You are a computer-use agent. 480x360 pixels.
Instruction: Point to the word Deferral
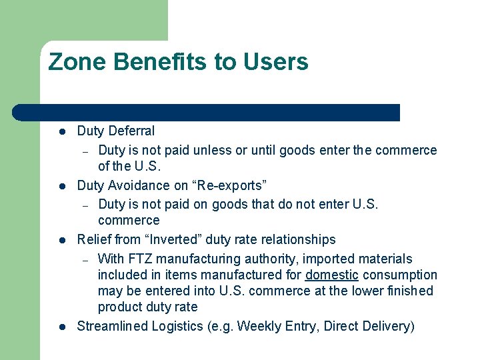(131, 131)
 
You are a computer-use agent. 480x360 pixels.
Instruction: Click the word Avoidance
(138, 185)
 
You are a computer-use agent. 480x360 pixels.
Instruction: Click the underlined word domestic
(332, 275)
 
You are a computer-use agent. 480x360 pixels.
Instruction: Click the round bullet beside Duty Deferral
(60, 132)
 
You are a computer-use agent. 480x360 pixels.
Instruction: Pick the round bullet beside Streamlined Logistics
(60, 327)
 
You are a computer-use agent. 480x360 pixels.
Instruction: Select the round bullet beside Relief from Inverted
(60, 240)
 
